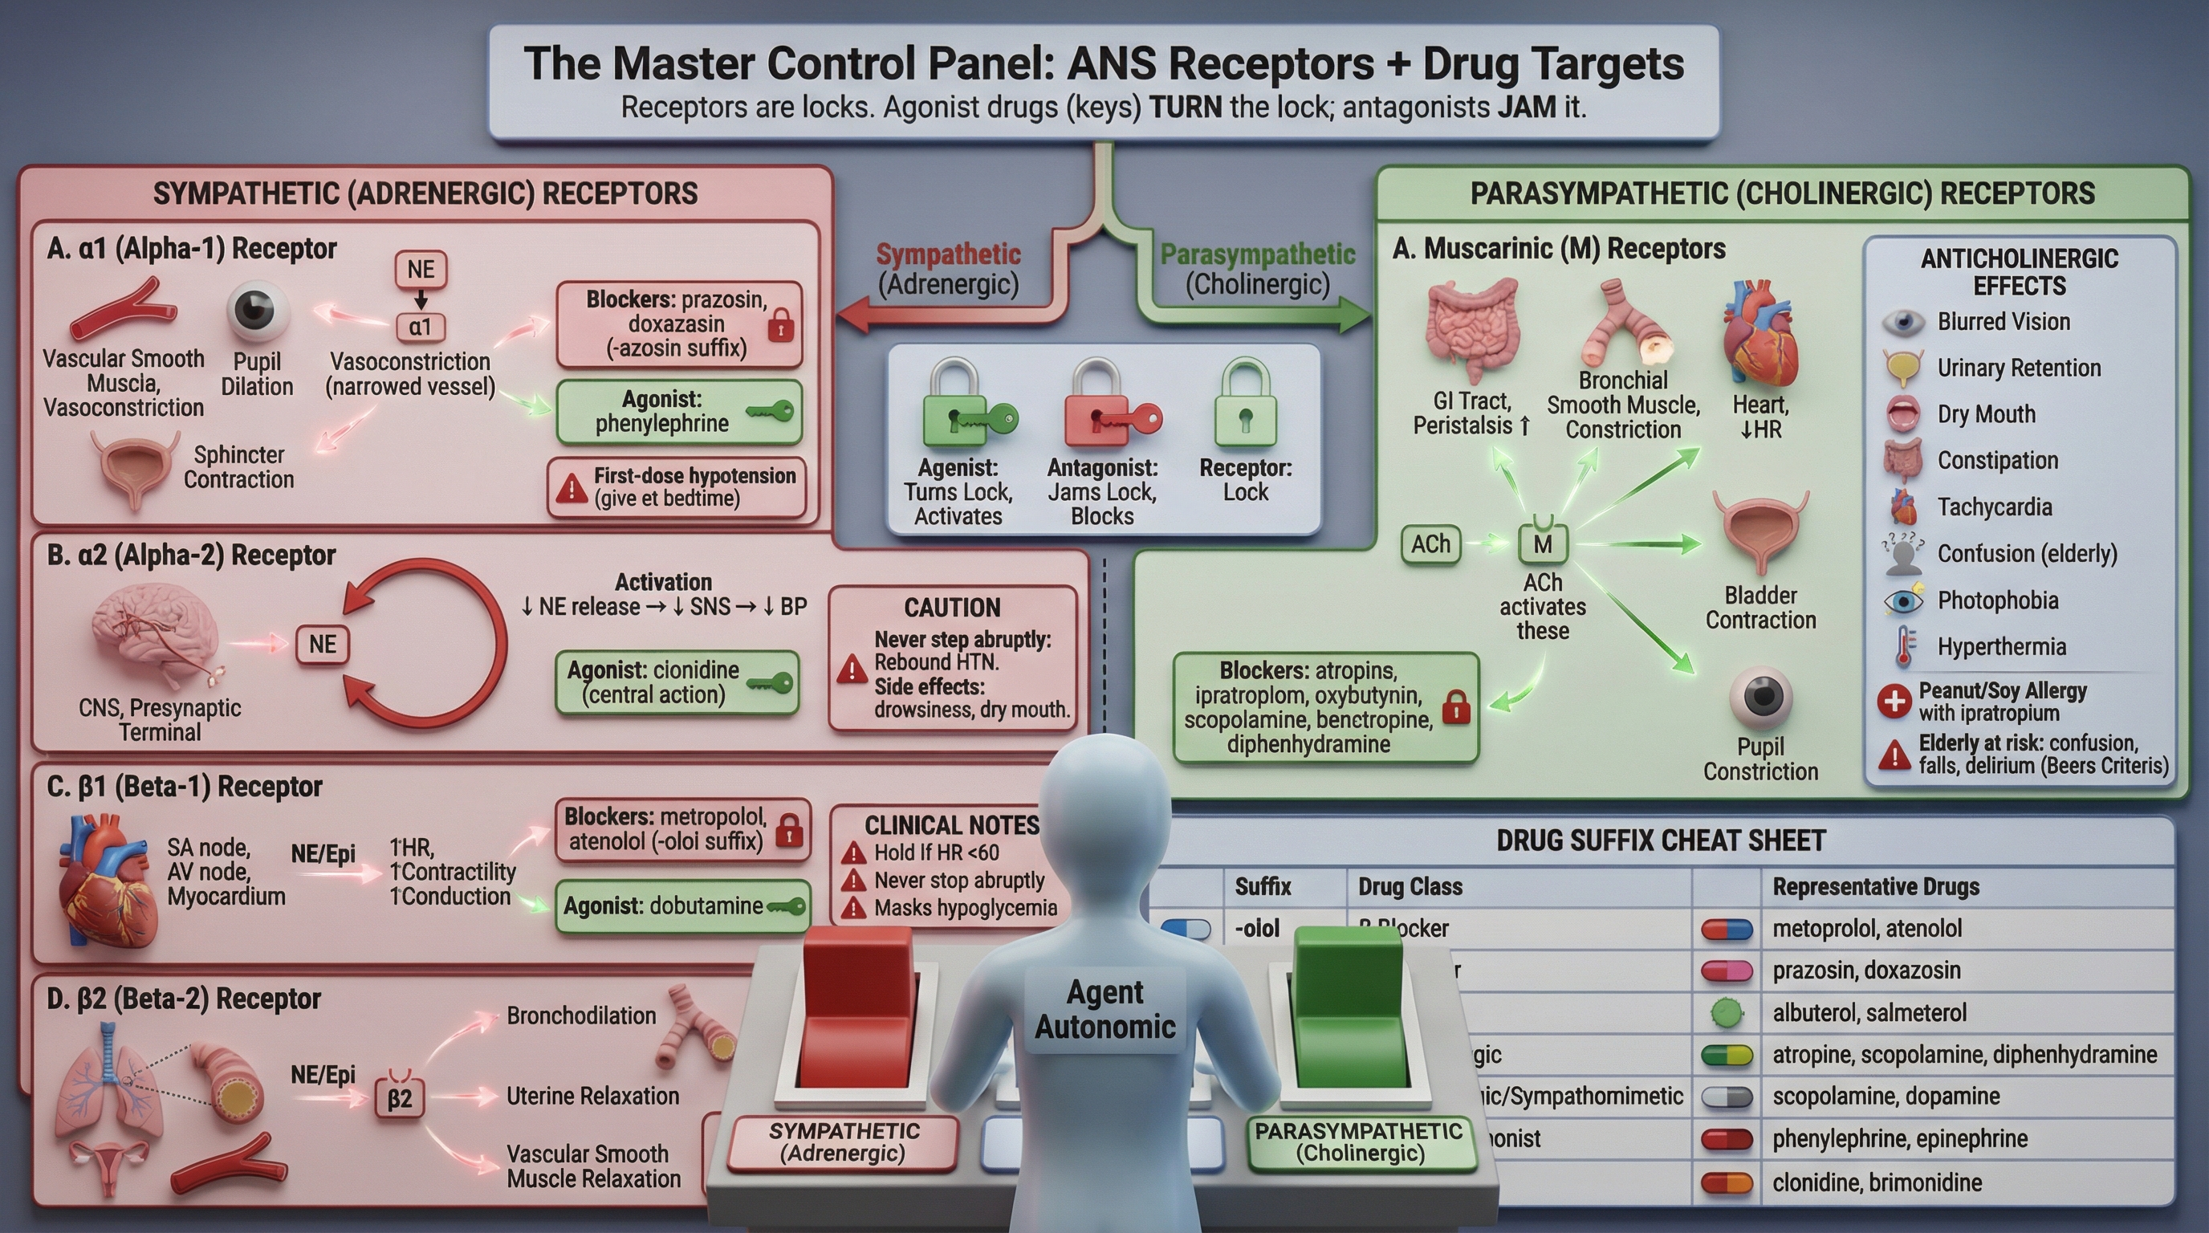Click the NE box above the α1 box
click(420, 269)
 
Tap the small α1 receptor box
click(420, 327)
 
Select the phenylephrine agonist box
click(678, 412)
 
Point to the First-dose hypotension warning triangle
click(570, 489)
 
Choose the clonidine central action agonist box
click(677, 682)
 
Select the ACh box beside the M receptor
click(1430, 544)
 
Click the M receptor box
click(1542, 543)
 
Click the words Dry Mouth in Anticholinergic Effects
click(1986, 414)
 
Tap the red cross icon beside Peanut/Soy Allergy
click(1894, 702)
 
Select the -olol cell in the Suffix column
click(1257, 929)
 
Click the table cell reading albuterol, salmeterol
click(1869, 1012)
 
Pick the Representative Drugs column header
click(1875, 886)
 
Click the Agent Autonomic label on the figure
click(1104, 1009)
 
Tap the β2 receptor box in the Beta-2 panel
click(400, 1098)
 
